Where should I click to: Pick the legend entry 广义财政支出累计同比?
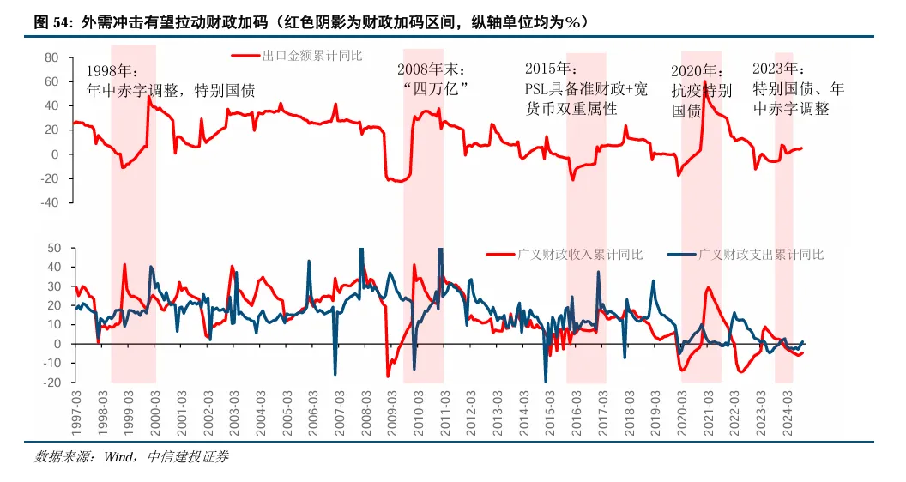coord(760,255)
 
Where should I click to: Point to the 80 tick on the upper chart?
coord(51,57)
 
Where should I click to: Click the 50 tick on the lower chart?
coord(53,248)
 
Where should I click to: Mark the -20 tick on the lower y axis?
coord(51,383)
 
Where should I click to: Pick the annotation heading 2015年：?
coord(551,69)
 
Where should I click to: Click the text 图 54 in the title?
coord(52,22)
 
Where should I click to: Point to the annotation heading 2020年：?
coord(697,71)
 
